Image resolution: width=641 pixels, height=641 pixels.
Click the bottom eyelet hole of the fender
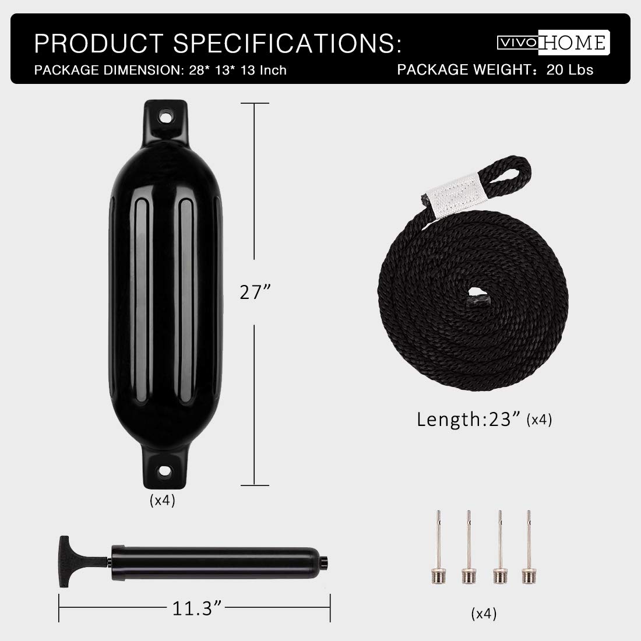point(165,470)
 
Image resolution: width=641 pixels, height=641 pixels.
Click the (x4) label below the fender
point(162,500)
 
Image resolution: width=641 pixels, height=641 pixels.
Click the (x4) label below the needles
point(484,613)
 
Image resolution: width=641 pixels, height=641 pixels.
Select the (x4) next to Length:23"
point(538,420)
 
